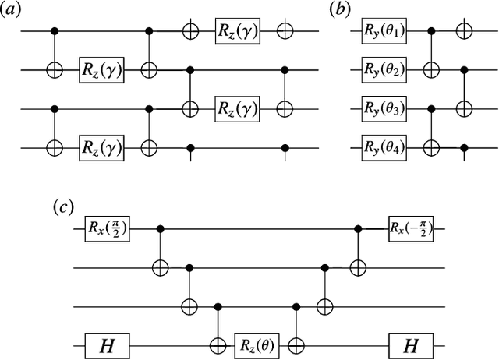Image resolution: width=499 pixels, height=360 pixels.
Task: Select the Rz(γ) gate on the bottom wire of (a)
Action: point(100,146)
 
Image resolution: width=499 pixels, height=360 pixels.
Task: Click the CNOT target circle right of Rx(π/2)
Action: point(161,266)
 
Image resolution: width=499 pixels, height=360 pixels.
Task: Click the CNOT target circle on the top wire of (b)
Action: point(465,32)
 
